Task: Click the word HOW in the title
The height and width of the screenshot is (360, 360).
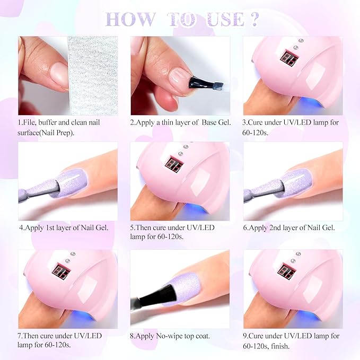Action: tap(130, 19)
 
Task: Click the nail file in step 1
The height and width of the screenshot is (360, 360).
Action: tap(93, 75)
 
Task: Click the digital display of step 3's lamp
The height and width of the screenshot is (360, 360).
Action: tap(289, 58)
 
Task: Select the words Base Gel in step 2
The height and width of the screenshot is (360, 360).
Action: tap(216, 122)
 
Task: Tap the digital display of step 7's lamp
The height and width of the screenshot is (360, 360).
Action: tap(61, 270)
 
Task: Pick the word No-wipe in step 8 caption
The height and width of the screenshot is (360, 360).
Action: tap(169, 336)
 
